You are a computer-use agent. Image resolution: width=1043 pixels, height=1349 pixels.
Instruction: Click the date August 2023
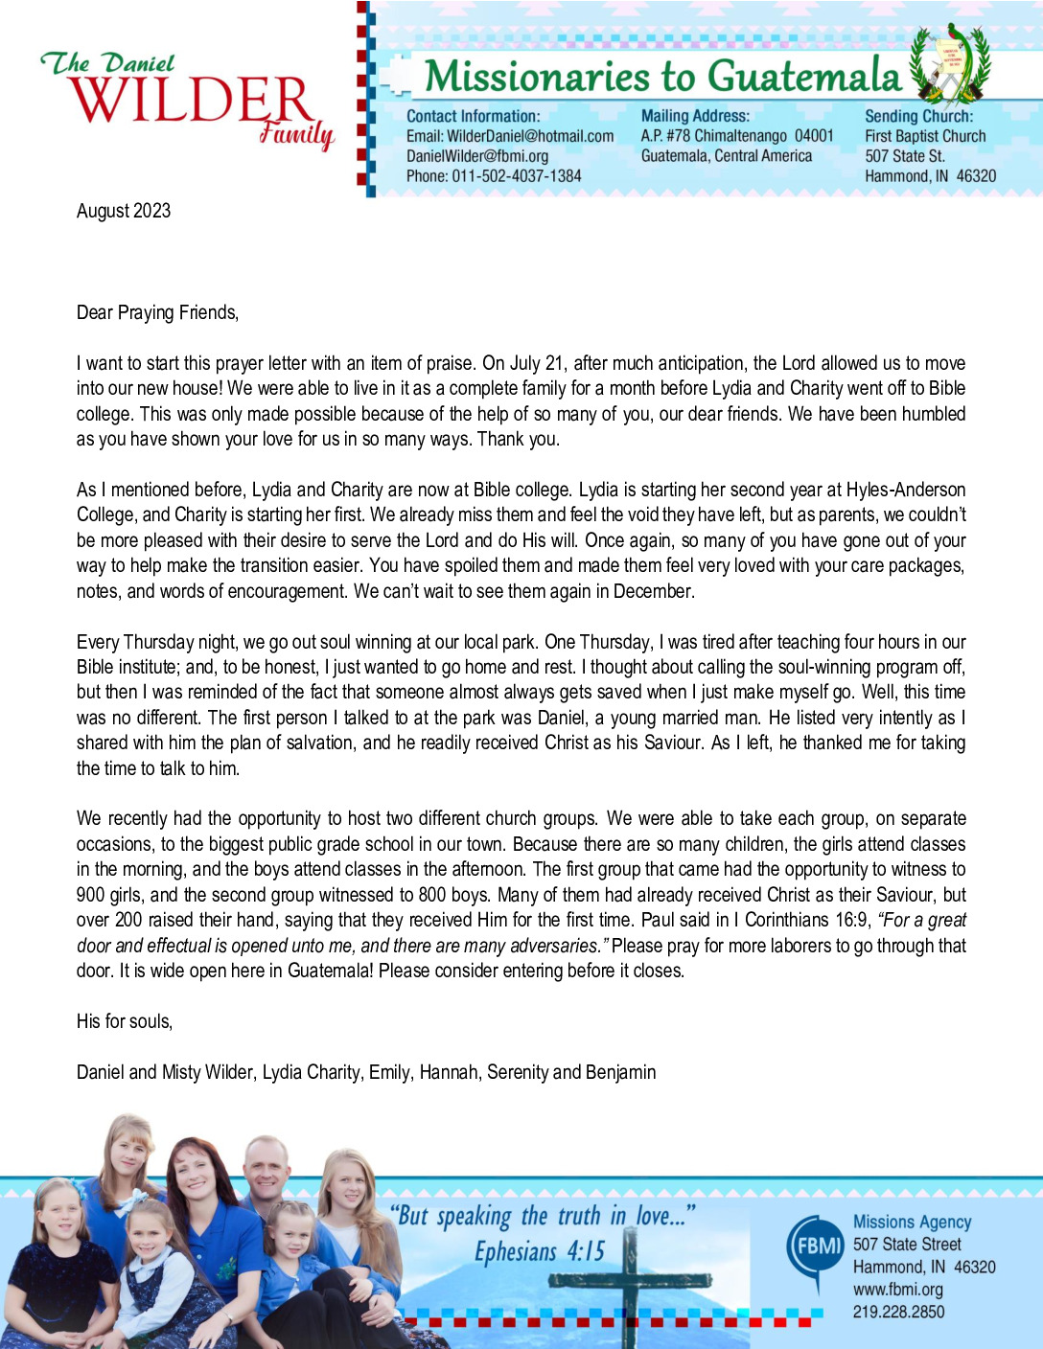[x=124, y=211]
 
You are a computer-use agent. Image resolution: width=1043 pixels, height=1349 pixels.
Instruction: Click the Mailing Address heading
[x=695, y=116]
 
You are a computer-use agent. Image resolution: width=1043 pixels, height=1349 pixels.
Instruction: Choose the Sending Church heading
[x=918, y=116]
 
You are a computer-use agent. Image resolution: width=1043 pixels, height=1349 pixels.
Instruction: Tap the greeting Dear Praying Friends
[x=157, y=312]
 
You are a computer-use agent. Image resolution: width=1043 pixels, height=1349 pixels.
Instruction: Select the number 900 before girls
[x=91, y=895]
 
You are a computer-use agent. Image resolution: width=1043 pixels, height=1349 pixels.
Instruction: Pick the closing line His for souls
[x=125, y=1021]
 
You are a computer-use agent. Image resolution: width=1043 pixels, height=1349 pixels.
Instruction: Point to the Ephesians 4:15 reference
[x=540, y=1251]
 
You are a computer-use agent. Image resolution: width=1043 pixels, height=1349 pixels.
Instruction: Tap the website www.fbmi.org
[x=897, y=1290]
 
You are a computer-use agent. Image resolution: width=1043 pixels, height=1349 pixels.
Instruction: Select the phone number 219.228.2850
[x=898, y=1312]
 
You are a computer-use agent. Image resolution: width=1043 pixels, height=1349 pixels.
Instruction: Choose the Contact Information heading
[x=473, y=116]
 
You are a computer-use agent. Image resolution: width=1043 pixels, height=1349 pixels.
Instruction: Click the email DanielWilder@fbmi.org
[x=477, y=156]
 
